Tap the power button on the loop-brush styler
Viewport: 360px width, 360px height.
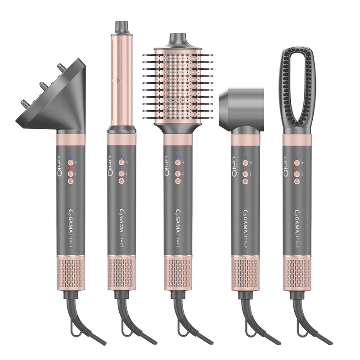297,182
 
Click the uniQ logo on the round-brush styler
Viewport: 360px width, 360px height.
167,166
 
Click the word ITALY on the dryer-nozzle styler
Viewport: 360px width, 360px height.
245,242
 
